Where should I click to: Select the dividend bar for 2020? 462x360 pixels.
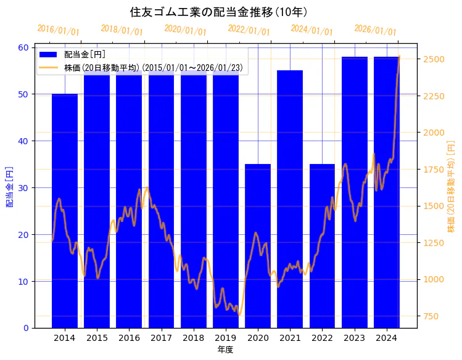pos(258,246)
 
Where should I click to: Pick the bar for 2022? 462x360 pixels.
pos(322,246)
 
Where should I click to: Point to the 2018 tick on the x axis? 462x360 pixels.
pos(193,338)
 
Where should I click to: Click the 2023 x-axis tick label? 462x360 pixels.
pos(355,338)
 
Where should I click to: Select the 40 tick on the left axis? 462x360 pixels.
pos(24,141)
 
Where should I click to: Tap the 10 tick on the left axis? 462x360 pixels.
pos(24,282)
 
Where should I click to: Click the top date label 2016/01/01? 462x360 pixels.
pos(58,30)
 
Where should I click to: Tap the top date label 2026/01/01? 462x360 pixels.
pos(375,30)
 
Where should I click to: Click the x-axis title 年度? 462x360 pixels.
pos(225,350)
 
